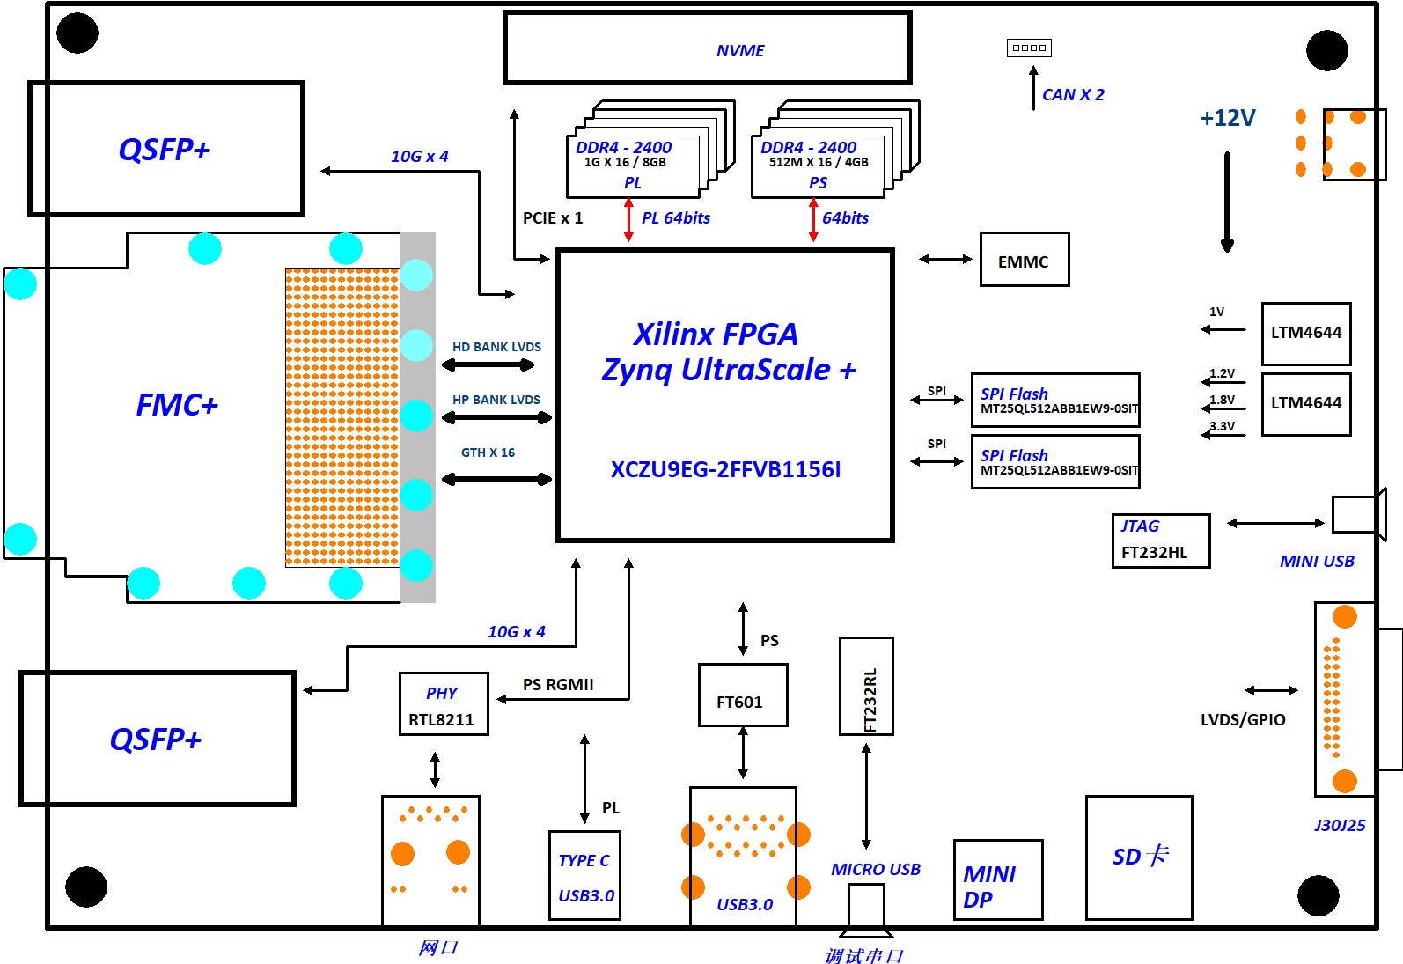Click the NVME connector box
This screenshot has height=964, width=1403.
pos(707,48)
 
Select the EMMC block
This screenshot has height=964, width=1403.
pos(1024,260)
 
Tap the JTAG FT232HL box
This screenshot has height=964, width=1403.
pos(1160,541)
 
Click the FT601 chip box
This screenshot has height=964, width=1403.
pos(742,695)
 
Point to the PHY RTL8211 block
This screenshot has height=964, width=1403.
pos(443,703)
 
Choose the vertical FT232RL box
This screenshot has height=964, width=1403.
pos(866,686)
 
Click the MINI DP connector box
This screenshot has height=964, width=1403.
pos(997,879)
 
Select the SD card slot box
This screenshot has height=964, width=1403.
pos(1138,857)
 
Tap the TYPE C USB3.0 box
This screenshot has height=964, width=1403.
pos(584,875)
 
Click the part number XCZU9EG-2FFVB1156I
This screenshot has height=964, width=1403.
pos(725,469)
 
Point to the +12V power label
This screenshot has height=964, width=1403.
pos(1227,118)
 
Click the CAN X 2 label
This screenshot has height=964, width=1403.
pos(1072,94)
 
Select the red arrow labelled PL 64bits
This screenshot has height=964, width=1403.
pos(628,220)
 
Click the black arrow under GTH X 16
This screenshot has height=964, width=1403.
pos(496,479)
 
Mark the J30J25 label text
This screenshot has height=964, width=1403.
pos(1339,825)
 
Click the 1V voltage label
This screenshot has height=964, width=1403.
pos(1216,312)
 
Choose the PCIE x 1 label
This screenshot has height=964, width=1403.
pos(552,217)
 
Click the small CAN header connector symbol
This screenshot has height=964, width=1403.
pos(1029,48)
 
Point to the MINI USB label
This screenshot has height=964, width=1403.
pos(1316,561)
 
